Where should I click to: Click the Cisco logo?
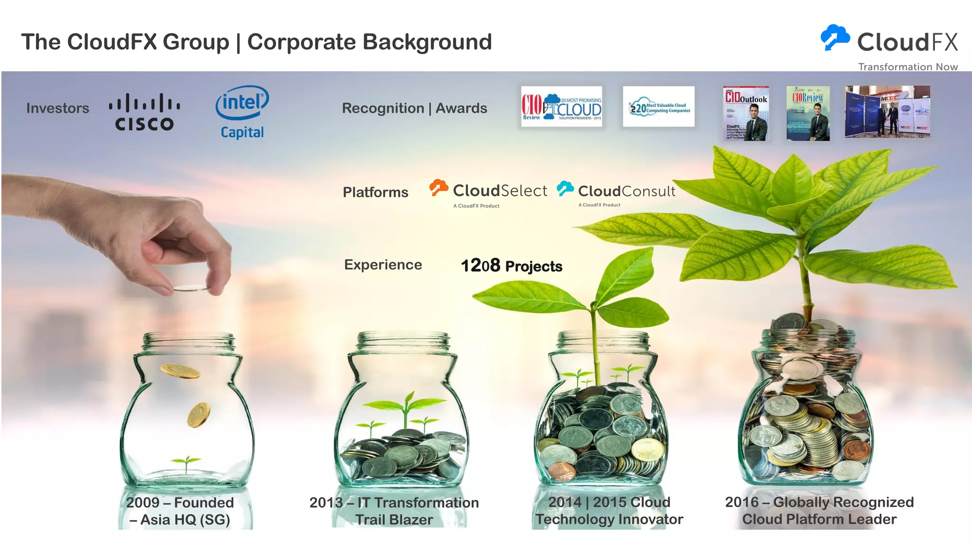144,112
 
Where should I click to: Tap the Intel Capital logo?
242,112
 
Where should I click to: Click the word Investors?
58,108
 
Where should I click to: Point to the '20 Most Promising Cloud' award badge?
561,106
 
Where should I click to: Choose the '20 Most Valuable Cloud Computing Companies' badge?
659,107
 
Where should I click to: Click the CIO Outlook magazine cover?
746,113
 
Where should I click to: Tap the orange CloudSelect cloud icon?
439,188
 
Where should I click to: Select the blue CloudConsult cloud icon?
565,189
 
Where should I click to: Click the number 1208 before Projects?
480,265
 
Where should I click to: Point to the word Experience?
383,264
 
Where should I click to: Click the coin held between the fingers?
191,288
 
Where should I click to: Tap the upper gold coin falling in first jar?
180,371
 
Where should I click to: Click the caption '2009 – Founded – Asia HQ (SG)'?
180,511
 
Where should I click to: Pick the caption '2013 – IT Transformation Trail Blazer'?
394,511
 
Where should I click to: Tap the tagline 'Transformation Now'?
907,67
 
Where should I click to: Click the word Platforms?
375,192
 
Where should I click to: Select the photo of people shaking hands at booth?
887,112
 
